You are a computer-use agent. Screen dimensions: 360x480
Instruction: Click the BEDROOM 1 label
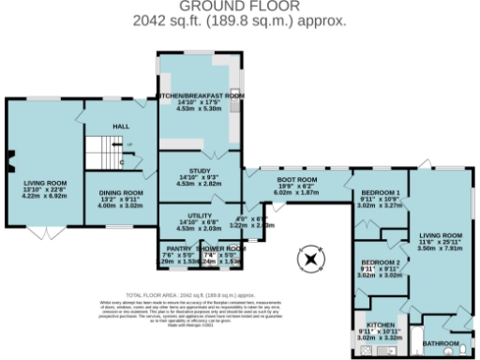379,192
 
